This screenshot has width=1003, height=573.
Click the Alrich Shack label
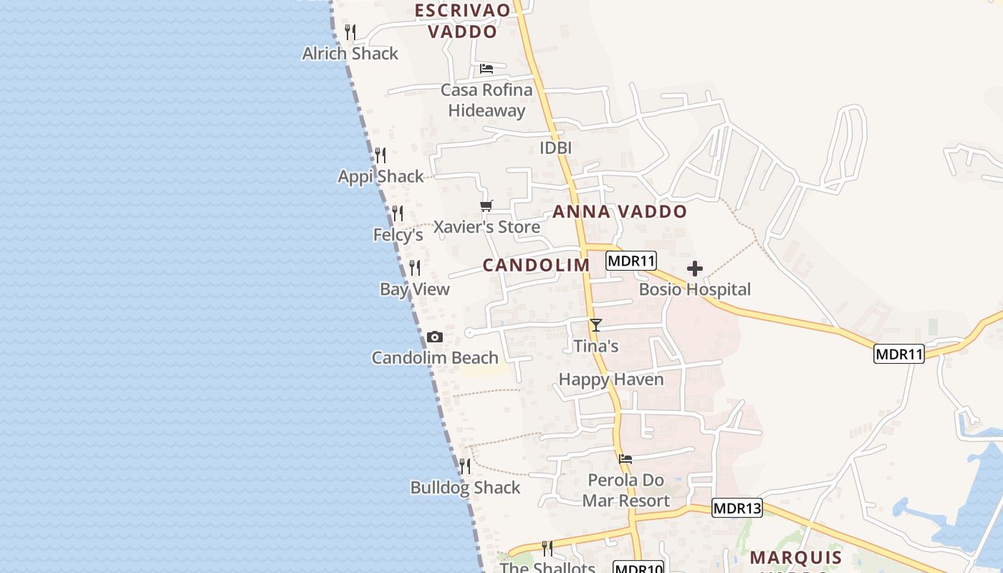pos(350,54)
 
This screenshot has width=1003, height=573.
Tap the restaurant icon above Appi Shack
pos(380,155)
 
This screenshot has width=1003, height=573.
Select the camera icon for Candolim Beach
pos(435,337)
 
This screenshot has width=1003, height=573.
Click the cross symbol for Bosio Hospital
pos(694,269)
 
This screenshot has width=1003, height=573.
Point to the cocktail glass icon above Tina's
pos(595,325)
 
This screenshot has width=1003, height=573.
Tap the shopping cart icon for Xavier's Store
pos(486,206)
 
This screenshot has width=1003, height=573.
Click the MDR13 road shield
pos(737,508)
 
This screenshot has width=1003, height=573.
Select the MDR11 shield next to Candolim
pos(631,261)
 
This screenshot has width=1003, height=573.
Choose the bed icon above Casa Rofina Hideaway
pos(486,69)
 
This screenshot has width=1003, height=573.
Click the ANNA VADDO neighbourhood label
pos(620,212)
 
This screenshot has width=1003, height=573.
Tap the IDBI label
pos(555,148)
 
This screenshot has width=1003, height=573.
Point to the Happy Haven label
pos(611,380)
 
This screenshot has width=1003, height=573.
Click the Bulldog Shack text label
pos(465,488)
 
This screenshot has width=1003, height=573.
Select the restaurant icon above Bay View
pos(415,268)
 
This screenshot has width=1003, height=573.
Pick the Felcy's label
pos(398,235)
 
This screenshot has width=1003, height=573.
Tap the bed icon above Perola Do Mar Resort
pos(625,458)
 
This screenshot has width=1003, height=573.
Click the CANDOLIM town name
pos(536,265)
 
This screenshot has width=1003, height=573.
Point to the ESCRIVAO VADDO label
pos(463,21)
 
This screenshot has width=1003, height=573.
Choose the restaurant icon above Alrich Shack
pos(350,32)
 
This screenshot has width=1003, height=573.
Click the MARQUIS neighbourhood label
pos(796,557)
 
